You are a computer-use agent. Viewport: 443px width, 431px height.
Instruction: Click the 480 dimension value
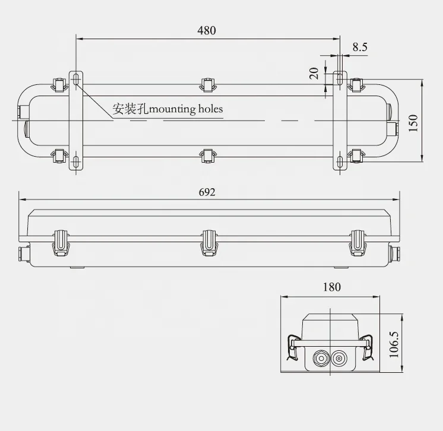click(x=207, y=30)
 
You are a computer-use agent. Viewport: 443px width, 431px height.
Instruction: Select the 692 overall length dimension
click(x=207, y=192)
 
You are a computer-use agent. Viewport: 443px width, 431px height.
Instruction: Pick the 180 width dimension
click(x=332, y=287)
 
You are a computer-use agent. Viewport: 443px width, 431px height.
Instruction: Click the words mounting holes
click(x=186, y=109)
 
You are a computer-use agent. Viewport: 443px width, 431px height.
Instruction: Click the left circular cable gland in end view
click(x=319, y=359)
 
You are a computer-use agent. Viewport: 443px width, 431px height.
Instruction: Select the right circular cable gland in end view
click(x=340, y=359)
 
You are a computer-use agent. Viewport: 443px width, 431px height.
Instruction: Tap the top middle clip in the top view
click(x=207, y=85)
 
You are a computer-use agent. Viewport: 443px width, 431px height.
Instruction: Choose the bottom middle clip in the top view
click(x=207, y=155)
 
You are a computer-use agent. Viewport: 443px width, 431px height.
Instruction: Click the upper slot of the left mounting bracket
click(x=77, y=80)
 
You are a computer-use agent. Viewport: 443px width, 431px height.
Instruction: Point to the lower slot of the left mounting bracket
click(x=77, y=161)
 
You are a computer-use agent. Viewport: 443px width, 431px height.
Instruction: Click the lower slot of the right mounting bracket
click(x=338, y=161)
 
